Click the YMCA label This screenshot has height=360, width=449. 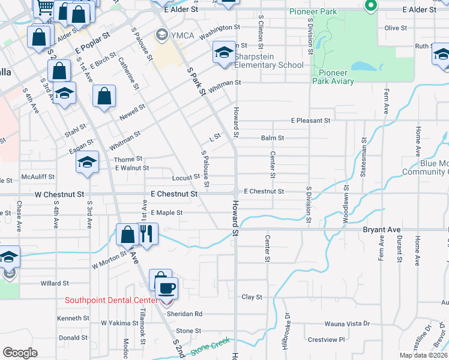182,35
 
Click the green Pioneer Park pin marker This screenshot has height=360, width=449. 370,6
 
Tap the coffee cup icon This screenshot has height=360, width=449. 166,288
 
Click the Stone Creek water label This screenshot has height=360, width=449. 210,346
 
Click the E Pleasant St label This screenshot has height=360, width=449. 310,121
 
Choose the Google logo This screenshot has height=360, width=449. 20,353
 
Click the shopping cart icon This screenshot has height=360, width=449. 44,7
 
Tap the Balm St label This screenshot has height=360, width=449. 272,138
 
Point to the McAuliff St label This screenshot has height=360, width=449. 38,177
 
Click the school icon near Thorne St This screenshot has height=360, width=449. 88,162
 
